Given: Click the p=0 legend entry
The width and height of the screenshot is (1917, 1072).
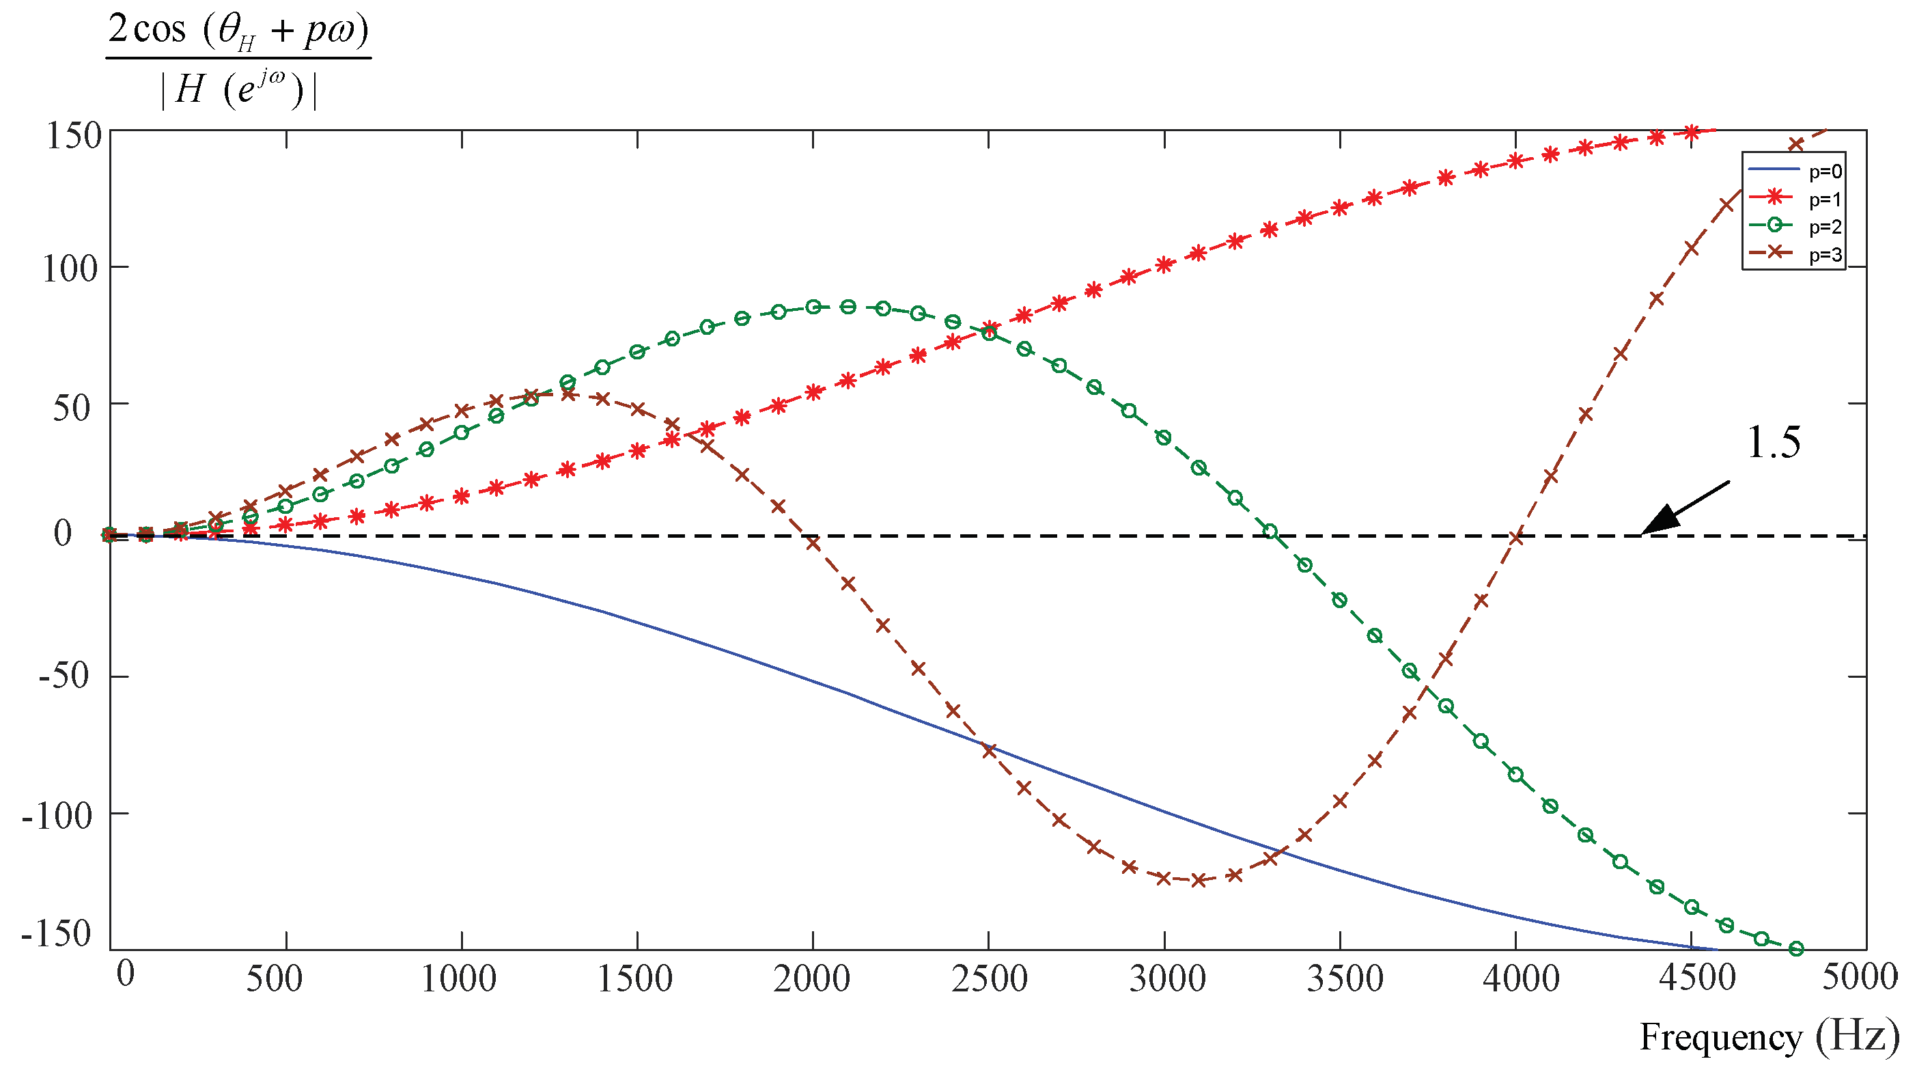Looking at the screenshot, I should (1793, 171).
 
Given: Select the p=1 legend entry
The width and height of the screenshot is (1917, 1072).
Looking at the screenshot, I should (1793, 199).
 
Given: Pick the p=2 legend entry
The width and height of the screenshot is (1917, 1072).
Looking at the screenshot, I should (1793, 226).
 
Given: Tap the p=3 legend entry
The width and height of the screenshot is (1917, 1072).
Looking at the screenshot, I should (1793, 255).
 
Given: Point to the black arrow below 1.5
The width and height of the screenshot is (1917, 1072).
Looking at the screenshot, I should (1683, 508).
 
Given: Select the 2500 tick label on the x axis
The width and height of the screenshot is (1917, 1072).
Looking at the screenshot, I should (989, 979).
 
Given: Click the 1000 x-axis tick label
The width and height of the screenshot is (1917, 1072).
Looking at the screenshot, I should (459, 979).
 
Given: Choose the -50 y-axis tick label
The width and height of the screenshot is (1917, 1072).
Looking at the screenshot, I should (64, 676).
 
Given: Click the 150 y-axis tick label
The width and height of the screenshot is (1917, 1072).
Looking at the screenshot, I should (74, 136).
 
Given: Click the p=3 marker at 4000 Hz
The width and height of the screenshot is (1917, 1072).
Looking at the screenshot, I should (1516, 538).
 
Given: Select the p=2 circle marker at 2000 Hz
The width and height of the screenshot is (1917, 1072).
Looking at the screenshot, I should (813, 307).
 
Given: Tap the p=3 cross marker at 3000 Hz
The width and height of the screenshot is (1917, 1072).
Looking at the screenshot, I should (1164, 878).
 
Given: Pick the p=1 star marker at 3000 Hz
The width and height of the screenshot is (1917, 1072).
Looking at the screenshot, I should (1164, 265).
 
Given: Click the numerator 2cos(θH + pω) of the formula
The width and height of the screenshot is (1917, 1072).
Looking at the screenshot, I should (238, 31).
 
